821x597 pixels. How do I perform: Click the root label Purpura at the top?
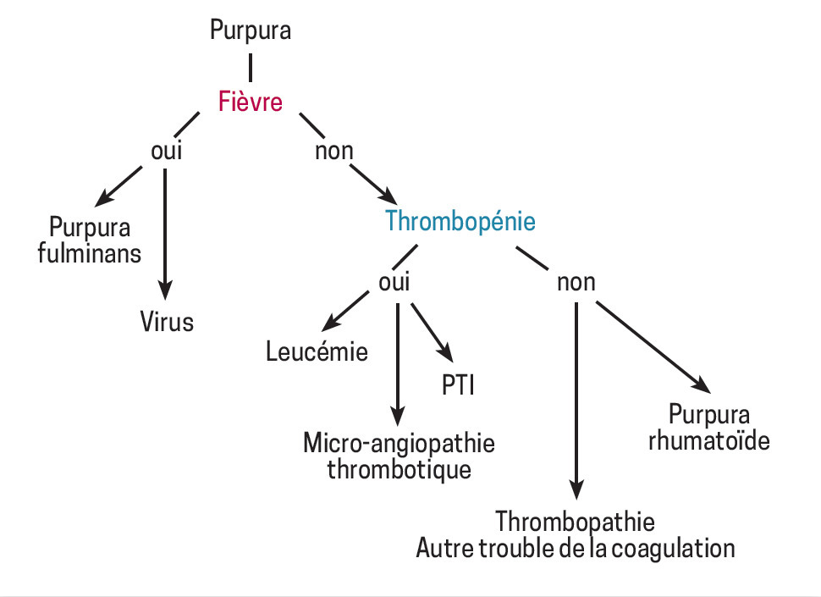point(251,31)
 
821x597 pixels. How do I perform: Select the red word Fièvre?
point(251,102)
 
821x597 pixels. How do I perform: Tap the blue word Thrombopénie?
point(460,221)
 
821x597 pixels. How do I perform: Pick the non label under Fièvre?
point(333,152)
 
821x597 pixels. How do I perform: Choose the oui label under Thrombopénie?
point(394,282)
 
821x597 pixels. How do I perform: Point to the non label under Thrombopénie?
point(576,282)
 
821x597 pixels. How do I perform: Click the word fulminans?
point(90,252)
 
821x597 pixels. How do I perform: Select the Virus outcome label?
point(167,322)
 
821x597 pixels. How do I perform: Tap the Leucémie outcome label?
point(317,351)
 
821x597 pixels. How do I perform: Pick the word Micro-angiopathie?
point(399,444)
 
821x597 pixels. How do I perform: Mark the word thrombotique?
point(399,468)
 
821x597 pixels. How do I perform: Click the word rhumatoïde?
point(709,440)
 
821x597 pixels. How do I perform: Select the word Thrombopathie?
point(576,521)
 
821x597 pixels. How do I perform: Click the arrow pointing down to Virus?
point(166,229)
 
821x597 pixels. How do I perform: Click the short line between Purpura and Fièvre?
point(251,66)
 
